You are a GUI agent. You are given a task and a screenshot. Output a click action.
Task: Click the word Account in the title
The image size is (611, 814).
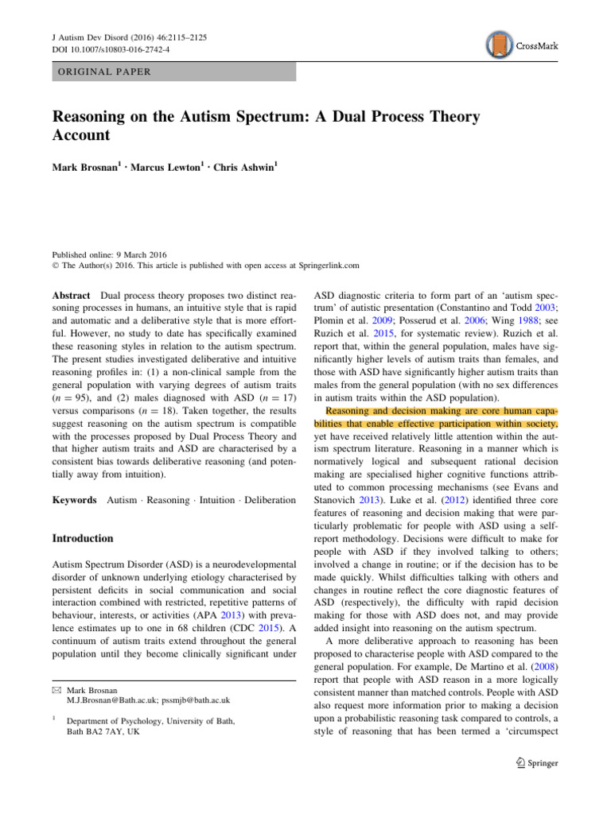tap(81, 136)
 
